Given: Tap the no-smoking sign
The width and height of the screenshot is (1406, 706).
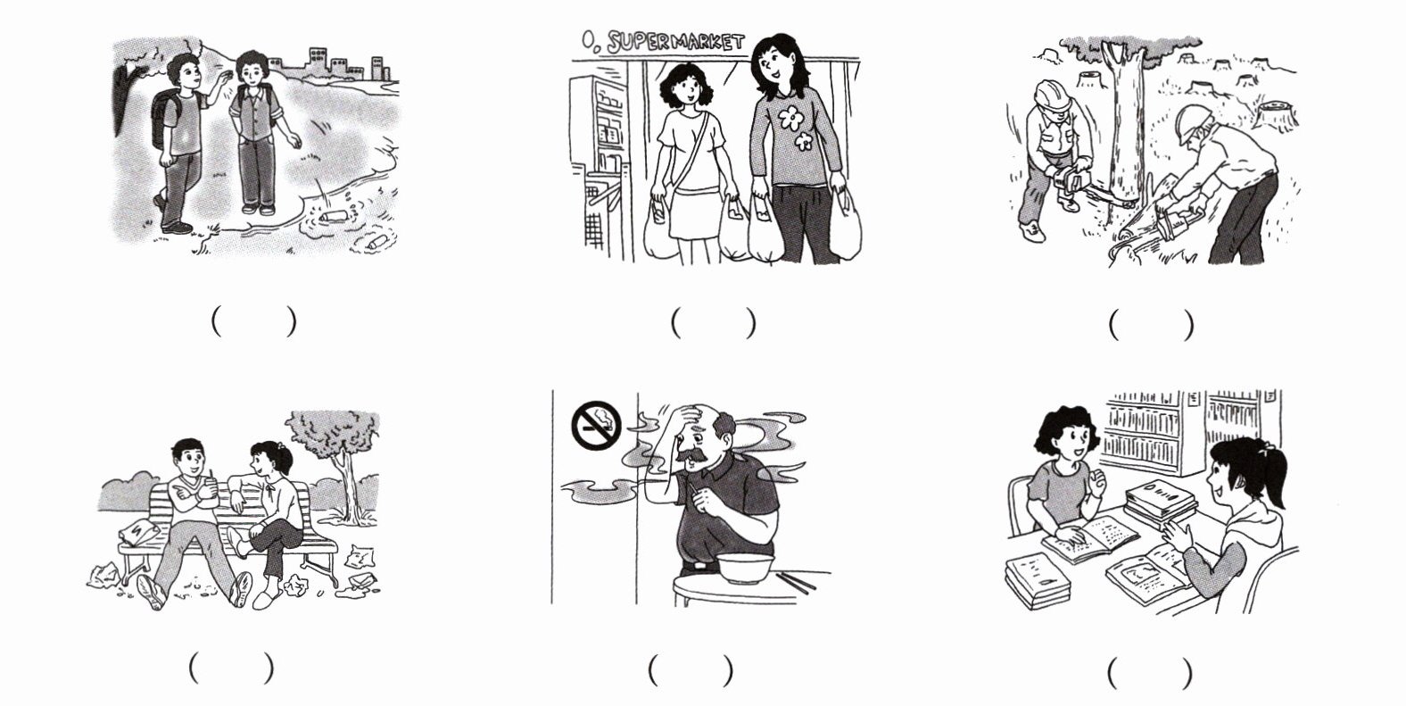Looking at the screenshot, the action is tap(596, 425).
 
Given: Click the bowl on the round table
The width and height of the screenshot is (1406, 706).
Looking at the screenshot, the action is tap(746, 568).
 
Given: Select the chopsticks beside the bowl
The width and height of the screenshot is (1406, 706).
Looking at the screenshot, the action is tap(795, 582).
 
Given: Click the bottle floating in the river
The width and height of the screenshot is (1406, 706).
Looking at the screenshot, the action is tap(333, 217).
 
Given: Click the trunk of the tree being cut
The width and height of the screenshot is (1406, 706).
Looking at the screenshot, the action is tap(1123, 126).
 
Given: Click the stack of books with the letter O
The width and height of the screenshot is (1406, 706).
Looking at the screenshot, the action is tap(1160, 503).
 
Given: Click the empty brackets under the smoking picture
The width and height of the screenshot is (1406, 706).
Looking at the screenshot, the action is tap(691, 671).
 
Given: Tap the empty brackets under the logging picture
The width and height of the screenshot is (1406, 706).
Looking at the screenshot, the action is tap(1151, 325).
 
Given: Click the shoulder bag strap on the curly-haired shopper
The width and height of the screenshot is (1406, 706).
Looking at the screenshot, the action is tap(690, 148).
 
